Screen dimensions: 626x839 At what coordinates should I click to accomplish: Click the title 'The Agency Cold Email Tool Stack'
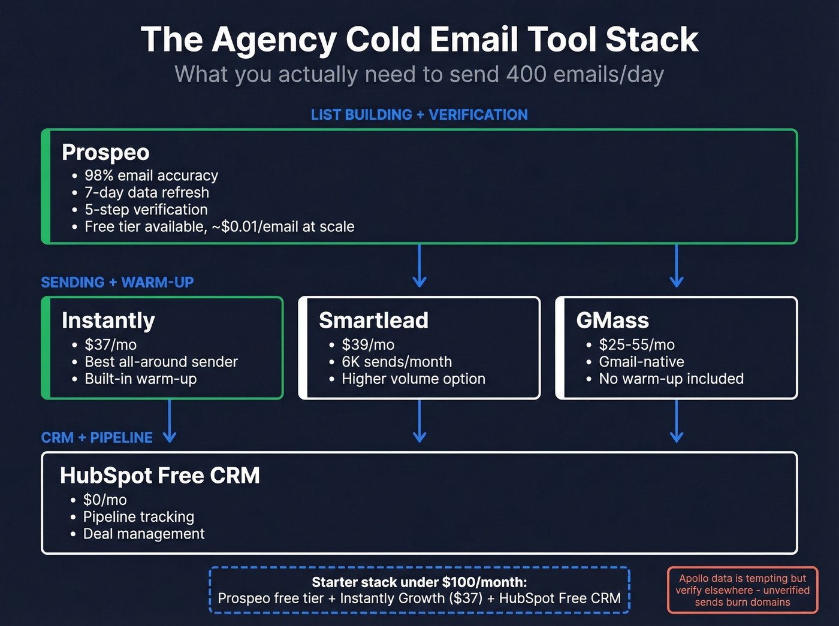[x=419, y=40]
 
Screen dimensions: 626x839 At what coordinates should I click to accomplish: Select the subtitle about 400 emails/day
[x=419, y=75]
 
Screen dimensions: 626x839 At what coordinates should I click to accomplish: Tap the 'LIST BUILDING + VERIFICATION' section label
[x=419, y=114]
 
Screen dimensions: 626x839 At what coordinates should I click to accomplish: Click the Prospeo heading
[x=105, y=152]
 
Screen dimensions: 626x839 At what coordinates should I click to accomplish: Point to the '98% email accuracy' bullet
[x=151, y=176]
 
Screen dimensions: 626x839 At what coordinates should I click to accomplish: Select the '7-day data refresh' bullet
[x=147, y=192]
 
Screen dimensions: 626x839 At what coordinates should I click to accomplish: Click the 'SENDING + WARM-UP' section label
[x=117, y=282]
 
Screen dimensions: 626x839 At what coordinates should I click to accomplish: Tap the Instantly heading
[x=108, y=320]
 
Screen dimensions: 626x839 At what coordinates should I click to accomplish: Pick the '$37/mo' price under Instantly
[x=110, y=344]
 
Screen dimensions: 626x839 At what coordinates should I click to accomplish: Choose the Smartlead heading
[x=373, y=320]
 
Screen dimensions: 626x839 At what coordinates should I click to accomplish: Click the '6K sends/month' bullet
[x=397, y=362]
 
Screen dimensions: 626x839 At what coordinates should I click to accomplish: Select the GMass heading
[x=612, y=320]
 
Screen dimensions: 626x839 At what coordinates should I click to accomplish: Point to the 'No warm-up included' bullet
[x=671, y=379]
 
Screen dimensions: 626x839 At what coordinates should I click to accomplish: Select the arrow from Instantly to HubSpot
[x=170, y=421]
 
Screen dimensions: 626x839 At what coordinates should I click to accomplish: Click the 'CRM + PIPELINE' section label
[x=97, y=438]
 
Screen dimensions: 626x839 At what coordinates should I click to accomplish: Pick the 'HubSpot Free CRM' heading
[x=160, y=476]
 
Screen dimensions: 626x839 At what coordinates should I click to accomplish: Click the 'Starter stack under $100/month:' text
[x=419, y=582]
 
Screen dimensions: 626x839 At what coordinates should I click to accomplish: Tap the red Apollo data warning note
[x=743, y=590]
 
